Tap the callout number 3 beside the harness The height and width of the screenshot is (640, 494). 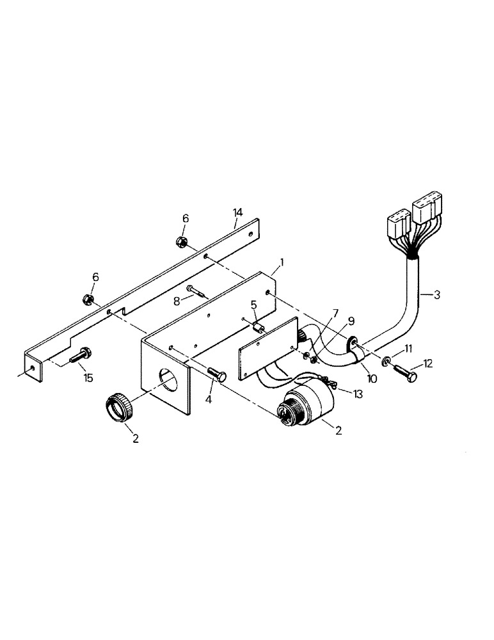click(x=436, y=295)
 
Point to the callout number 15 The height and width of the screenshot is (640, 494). click(x=88, y=378)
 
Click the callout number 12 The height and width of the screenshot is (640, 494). click(x=428, y=364)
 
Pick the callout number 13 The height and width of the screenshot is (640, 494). click(x=357, y=394)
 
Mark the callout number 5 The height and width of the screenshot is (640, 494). click(x=253, y=306)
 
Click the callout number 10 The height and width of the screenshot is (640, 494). click(x=371, y=379)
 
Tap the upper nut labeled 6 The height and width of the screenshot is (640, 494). click(x=180, y=242)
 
